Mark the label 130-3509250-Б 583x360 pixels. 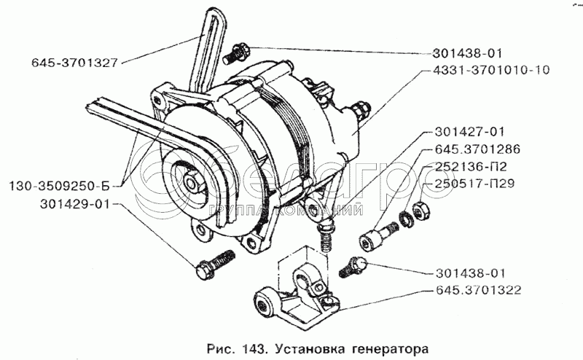60,184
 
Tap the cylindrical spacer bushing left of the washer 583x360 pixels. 377,235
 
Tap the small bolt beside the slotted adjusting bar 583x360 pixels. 238,52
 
